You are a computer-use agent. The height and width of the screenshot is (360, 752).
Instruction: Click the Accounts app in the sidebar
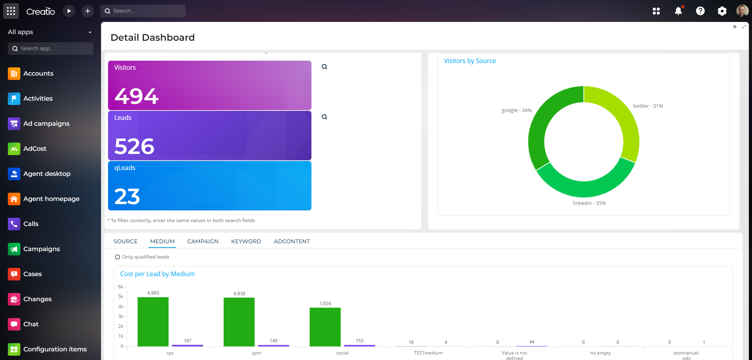tap(38, 74)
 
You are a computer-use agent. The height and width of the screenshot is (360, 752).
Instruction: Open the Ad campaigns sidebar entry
tap(46, 124)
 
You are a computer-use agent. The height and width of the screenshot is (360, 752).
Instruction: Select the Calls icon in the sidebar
tap(14, 224)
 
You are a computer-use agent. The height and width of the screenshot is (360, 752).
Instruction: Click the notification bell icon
tap(678, 11)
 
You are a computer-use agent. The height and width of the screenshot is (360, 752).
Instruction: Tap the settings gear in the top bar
tap(722, 11)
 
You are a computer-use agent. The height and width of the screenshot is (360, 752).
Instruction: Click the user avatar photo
tap(742, 11)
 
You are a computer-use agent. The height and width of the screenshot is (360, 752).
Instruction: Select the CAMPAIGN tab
tap(203, 241)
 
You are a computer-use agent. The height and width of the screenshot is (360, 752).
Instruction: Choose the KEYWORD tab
tap(246, 241)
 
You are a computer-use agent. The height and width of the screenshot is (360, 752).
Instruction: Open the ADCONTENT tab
tap(292, 241)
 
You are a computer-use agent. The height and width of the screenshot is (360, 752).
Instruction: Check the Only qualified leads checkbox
tap(117, 257)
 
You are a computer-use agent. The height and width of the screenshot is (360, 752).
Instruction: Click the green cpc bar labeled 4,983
tap(153, 321)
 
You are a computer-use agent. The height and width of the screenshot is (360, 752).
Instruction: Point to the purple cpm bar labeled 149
tap(273, 346)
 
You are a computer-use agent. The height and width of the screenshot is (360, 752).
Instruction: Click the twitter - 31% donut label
tap(648, 106)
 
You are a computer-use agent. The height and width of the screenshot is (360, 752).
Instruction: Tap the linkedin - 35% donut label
tap(589, 203)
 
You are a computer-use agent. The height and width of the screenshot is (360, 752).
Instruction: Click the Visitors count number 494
tap(136, 96)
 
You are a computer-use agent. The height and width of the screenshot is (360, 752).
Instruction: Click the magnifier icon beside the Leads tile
tap(324, 117)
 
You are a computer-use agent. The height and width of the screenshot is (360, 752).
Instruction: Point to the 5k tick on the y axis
tap(121, 297)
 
